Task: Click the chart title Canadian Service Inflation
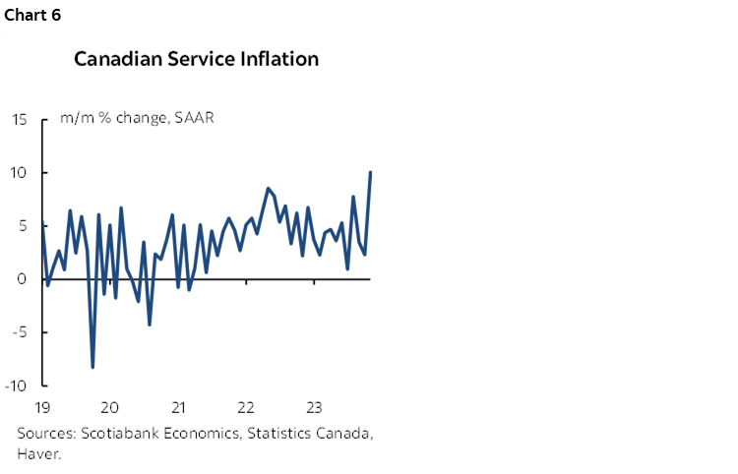(197, 59)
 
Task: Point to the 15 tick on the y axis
(20, 120)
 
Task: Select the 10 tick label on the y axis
(20, 173)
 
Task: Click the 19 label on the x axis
(43, 406)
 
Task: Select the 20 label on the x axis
(110, 406)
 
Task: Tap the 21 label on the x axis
(178, 406)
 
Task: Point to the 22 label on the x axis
(246, 406)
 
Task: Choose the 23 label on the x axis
(314, 406)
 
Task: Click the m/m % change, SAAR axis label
(137, 119)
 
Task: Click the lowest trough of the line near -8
(92, 367)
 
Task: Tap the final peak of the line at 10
(370, 173)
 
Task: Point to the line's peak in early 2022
(268, 188)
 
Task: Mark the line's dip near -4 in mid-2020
(150, 324)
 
